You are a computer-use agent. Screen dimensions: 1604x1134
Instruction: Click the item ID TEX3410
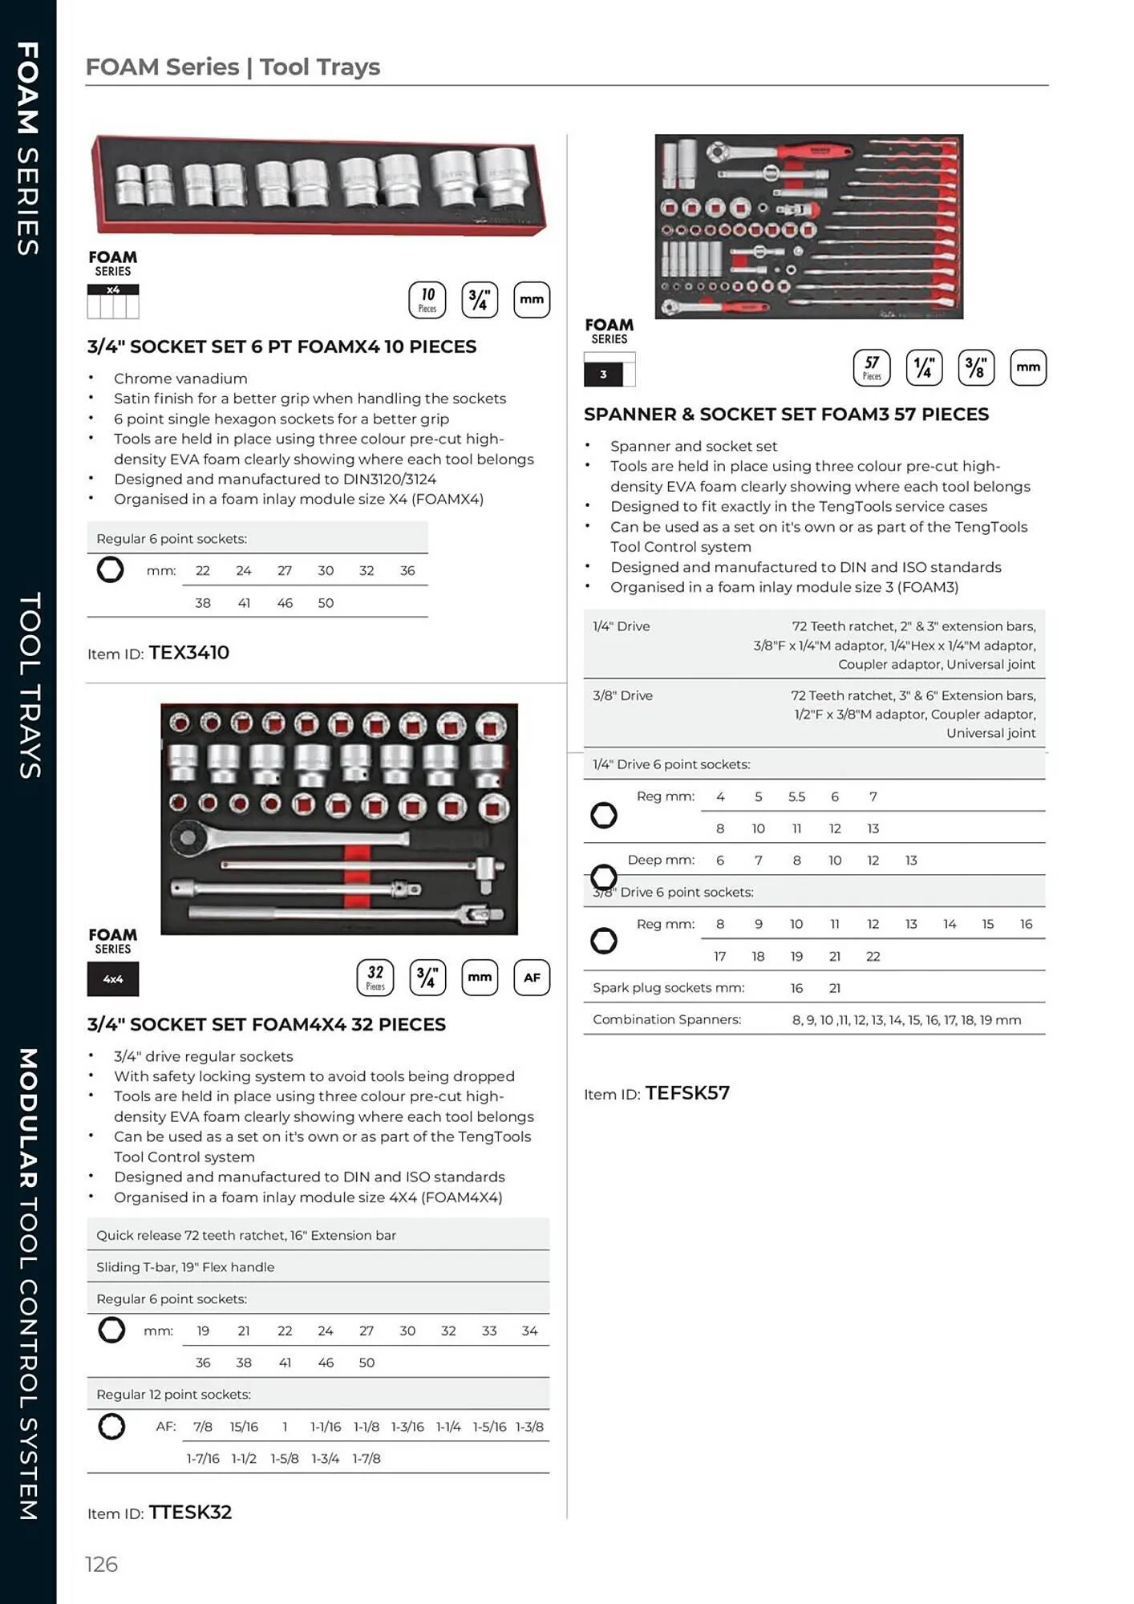[x=188, y=653]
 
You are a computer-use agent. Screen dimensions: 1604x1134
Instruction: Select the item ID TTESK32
[x=190, y=1512]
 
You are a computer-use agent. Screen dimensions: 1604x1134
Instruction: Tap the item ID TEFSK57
[x=687, y=1093]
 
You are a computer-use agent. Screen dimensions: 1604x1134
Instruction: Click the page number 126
[x=102, y=1564]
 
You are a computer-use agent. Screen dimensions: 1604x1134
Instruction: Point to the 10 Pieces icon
[x=427, y=300]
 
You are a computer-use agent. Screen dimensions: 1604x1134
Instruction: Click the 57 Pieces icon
[x=872, y=367]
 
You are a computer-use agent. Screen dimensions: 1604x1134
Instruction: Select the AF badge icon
[x=532, y=978]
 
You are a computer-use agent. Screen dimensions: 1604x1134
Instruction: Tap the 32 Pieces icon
[x=375, y=978]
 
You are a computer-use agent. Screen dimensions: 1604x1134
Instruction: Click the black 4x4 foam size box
[x=113, y=979]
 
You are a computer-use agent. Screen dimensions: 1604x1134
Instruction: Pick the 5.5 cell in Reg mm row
[x=796, y=796]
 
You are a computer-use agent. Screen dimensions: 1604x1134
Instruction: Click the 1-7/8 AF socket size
[x=367, y=1458]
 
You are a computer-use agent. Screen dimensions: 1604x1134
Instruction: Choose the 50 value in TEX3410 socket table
[x=326, y=603]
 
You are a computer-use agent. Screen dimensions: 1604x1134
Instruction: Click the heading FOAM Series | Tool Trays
[x=233, y=67]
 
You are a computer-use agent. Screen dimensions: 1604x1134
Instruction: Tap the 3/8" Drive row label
[x=622, y=695]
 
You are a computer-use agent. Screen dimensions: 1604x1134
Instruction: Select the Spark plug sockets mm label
[x=668, y=988]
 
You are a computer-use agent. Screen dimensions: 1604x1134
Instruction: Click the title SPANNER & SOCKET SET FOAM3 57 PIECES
[x=786, y=415]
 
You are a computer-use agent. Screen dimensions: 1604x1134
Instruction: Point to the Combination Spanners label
[x=666, y=1019]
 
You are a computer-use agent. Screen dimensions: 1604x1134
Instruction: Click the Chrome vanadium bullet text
[x=180, y=379]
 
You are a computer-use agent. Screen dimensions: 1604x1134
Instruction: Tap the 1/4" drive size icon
[x=924, y=367]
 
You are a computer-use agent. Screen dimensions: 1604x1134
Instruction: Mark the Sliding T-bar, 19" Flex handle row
[x=185, y=1267]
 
